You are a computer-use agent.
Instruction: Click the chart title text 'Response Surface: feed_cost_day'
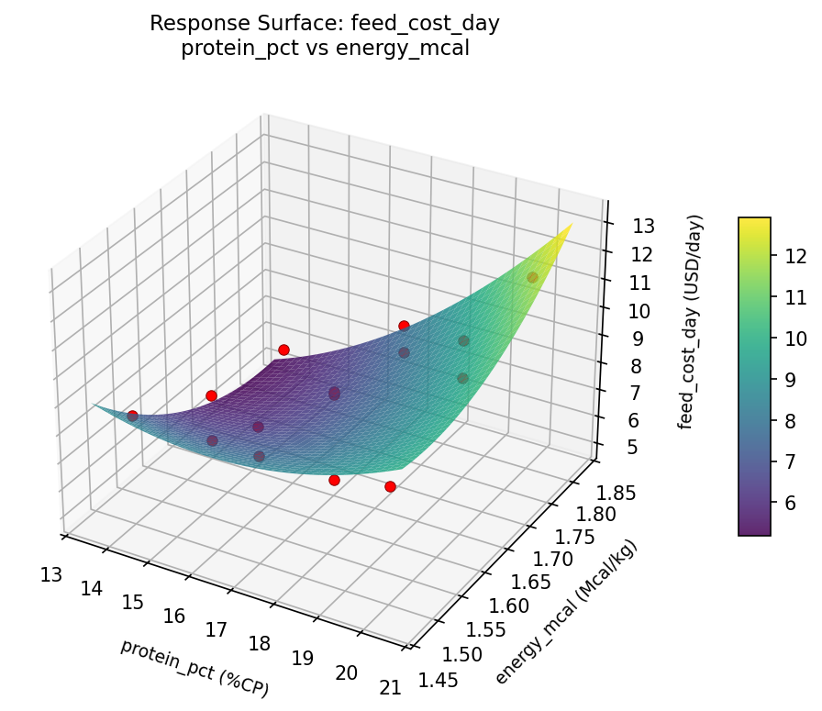pos(326,24)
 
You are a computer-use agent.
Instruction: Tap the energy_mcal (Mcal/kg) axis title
pos(565,612)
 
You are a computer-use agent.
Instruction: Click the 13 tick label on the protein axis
pos(51,574)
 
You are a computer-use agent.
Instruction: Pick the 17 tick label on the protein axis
pos(217,629)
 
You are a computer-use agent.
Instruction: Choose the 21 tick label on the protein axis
pos(390,687)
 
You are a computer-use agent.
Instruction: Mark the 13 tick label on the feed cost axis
pos(629,226)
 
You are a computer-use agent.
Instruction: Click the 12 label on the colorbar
pos(795,255)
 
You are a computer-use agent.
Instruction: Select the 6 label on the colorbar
pos(795,503)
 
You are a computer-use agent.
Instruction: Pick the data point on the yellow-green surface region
pos(532,277)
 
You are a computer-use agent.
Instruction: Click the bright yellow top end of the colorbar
pos(754,223)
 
